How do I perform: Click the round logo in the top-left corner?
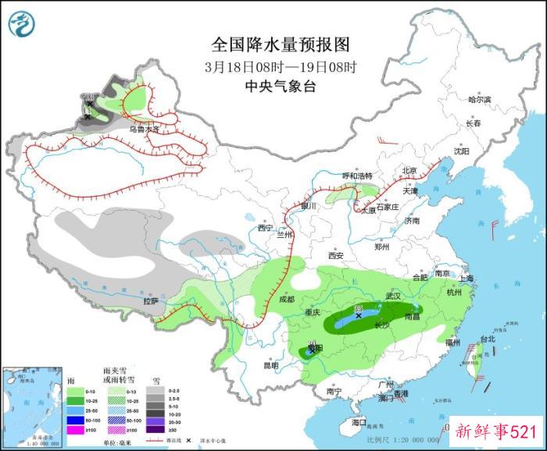coord(23,23)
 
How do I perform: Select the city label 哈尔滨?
coord(479,100)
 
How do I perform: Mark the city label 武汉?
coord(393,297)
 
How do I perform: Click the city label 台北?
coord(487,339)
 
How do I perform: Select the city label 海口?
coord(359,422)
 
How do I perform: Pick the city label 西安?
coord(336,255)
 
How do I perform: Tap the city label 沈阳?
coord(463,151)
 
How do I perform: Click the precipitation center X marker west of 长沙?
coord(359,316)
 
